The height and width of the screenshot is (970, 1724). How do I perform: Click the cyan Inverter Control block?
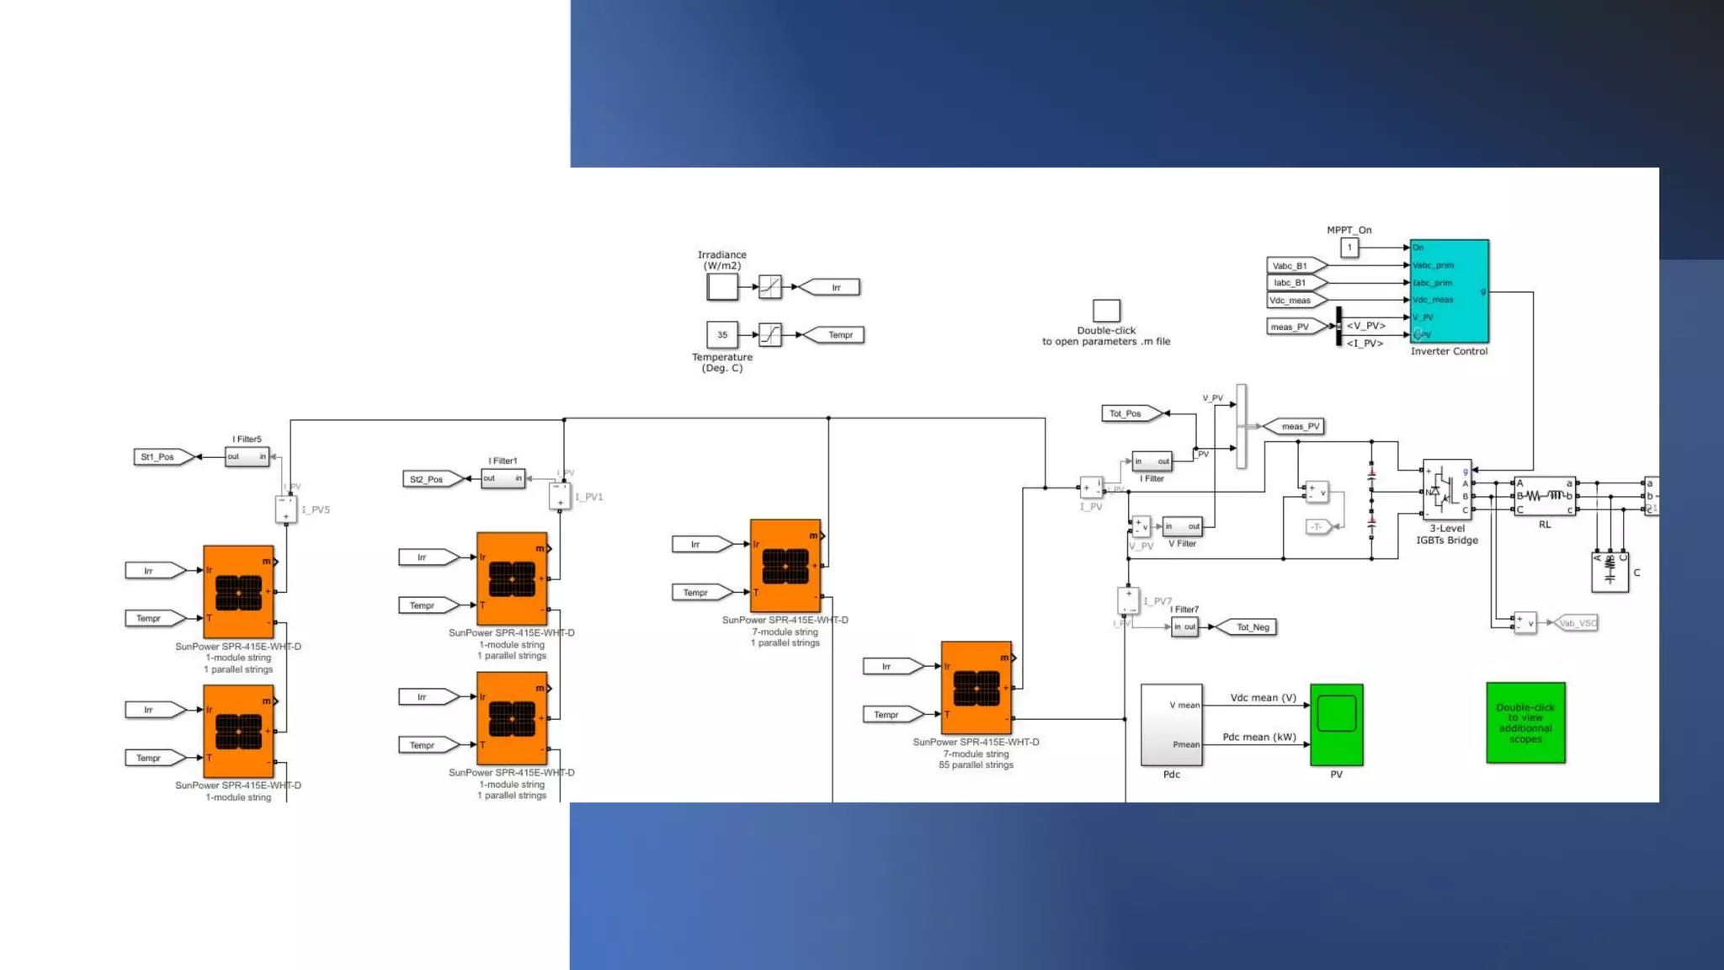point(1449,290)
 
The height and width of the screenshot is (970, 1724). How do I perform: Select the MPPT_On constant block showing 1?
point(1349,248)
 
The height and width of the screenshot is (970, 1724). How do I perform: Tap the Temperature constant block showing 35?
point(722,334)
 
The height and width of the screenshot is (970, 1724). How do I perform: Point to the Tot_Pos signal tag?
point(1129,413)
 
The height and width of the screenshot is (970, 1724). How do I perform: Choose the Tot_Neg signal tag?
point(1248,626)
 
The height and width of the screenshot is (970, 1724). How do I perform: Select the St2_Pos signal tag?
point(430,479)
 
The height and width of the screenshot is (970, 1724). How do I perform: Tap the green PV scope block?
point(1336,724)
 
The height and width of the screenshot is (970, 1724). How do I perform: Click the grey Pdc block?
point(1171,724)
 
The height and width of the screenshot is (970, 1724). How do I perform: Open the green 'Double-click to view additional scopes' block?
point(1525,722)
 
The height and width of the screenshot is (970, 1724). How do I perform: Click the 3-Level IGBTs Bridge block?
point(1446,490)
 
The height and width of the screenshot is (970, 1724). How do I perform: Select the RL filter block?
point(1544,496)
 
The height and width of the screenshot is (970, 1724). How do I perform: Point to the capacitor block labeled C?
point(1610,572)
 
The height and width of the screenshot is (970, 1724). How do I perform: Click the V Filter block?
point(1182,526)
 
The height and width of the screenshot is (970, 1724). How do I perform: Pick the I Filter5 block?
point(247,456)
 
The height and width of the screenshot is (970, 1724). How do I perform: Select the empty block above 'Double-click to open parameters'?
point(1106,310)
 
